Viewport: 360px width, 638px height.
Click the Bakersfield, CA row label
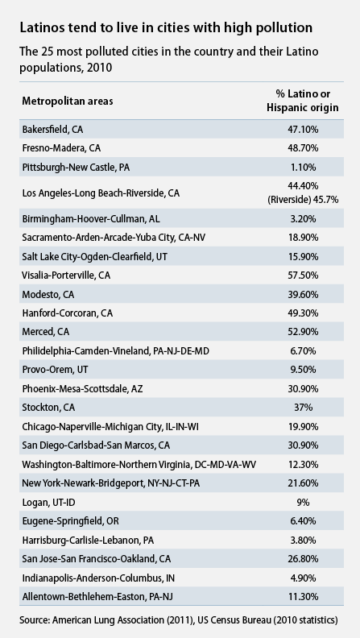52,130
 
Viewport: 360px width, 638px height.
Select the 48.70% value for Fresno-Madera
303,148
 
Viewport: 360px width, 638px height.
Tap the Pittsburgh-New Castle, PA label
76,168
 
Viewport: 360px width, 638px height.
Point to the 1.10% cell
303,168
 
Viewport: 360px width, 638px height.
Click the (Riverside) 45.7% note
303,200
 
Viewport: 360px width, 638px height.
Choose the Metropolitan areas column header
68,101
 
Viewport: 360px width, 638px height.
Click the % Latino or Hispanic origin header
303,101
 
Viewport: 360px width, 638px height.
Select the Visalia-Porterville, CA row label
66,275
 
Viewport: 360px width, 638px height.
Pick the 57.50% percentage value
303,275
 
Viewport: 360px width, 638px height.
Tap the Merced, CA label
46,332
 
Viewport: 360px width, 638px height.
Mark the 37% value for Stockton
303,408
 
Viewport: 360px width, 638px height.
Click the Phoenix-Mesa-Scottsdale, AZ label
83,389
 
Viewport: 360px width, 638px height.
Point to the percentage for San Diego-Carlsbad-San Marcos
303,445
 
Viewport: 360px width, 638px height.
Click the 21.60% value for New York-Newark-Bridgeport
303,483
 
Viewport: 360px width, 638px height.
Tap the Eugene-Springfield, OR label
70,521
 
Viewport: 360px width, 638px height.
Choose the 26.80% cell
303,559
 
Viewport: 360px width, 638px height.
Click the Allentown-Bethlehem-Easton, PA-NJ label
97,597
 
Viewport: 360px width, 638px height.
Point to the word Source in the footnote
34,620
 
